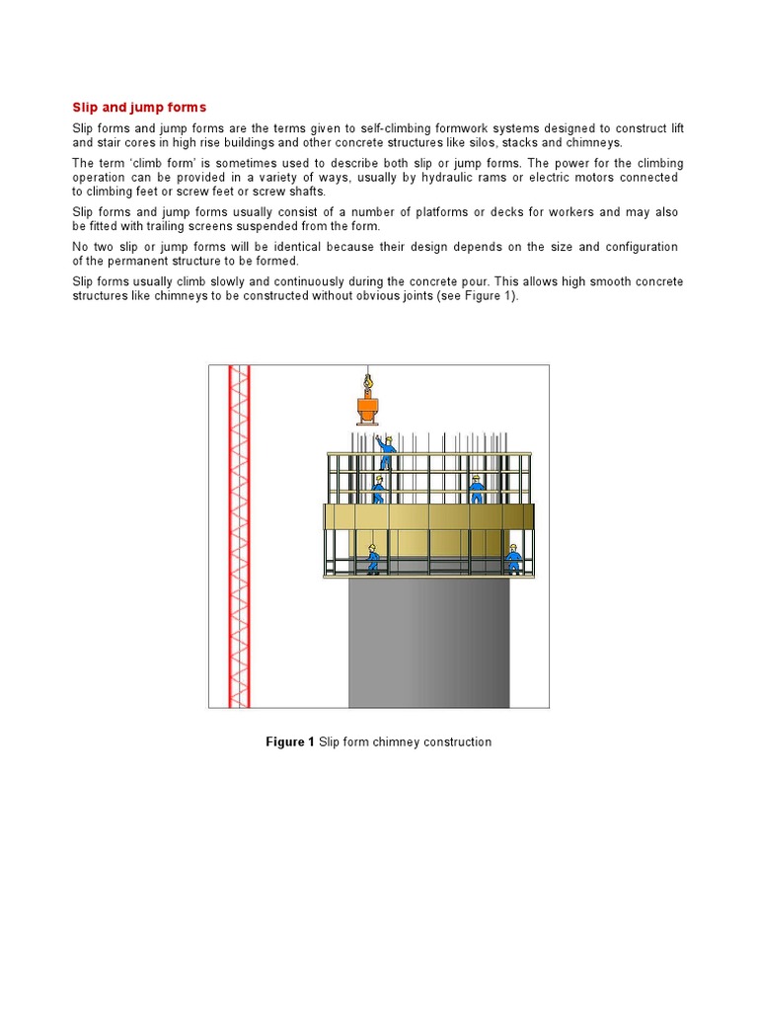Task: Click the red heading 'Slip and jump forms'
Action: pyautogui.click(x=139, y=107)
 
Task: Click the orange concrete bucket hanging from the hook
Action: pyautogui.click(x=368, y=409)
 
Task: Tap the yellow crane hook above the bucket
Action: pyautogui.click(x=368, y=377)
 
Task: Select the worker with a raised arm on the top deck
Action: pyautogui.click(x=386, y=451)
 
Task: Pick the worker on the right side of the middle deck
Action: pyautogui.click(x=477, y=489)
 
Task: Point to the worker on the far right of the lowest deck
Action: pyautogui.click(x=513, y=559)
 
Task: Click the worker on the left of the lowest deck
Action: pyautogui.click(x=372, y=560)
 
